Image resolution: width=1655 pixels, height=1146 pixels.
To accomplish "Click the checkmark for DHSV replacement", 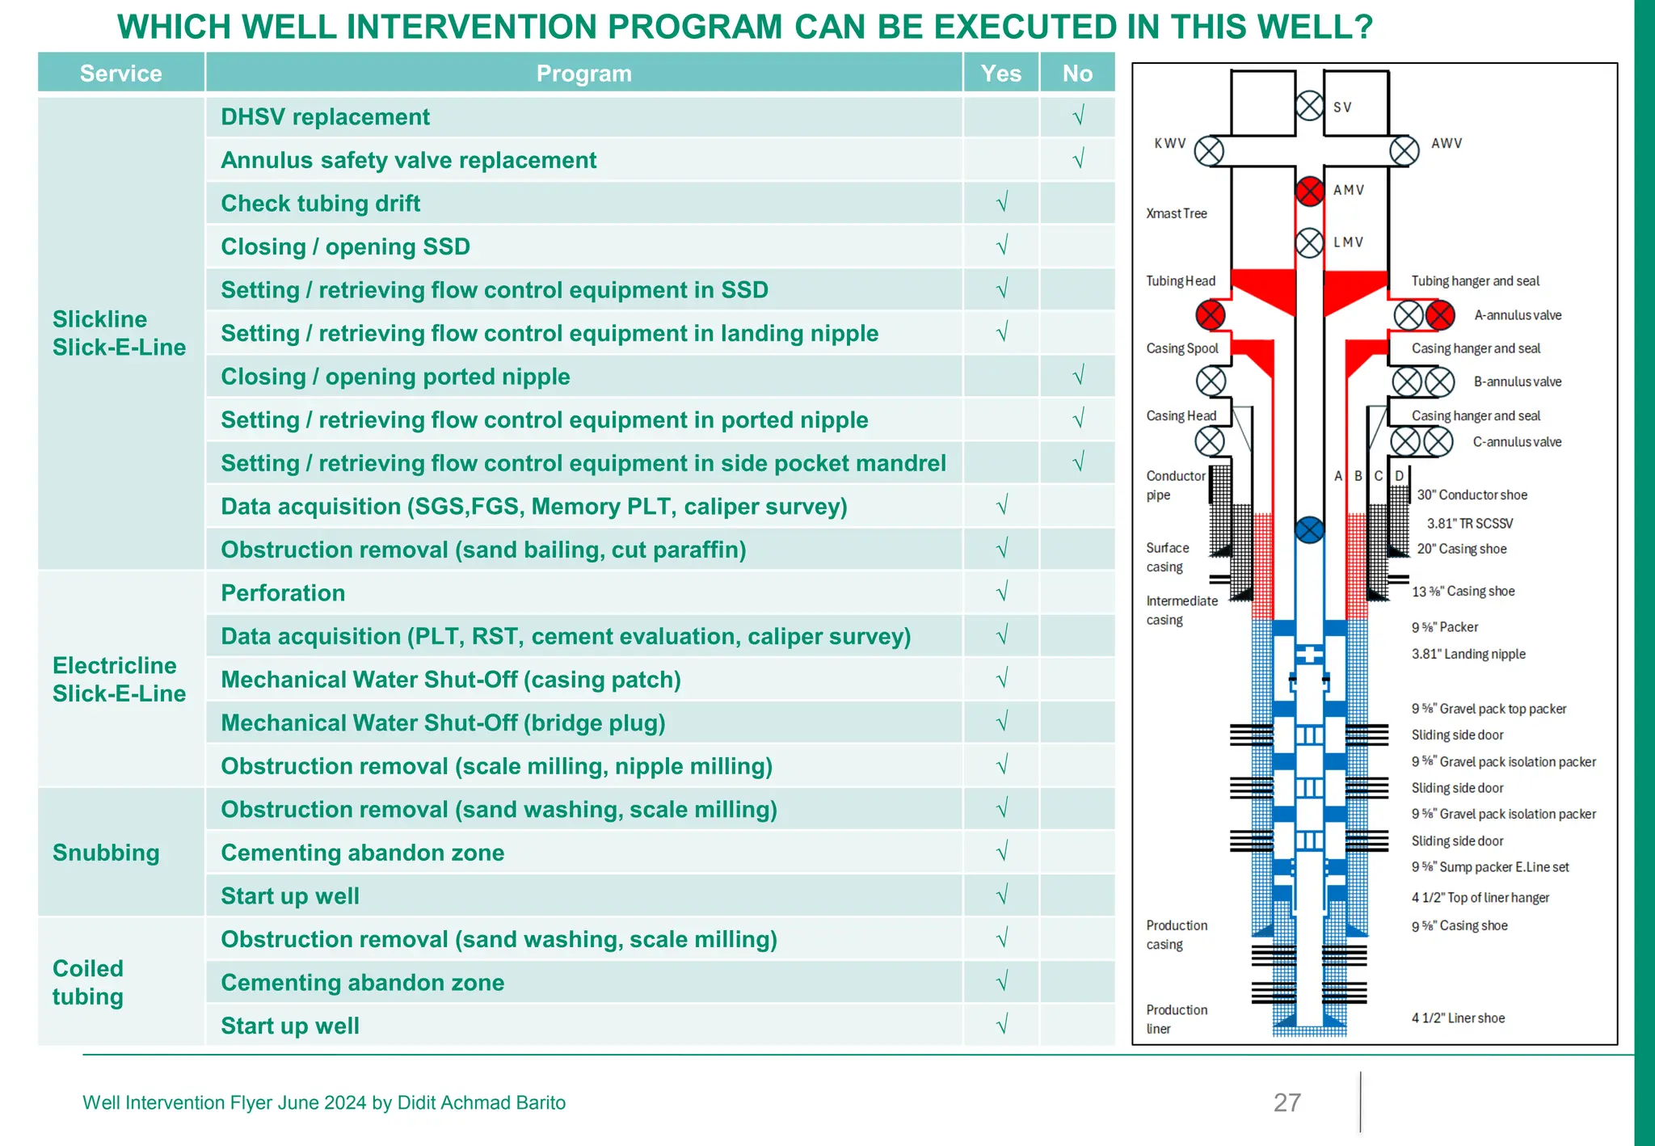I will (x=1077, y=116).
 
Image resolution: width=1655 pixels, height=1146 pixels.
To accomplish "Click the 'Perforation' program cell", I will (x=283, y=593).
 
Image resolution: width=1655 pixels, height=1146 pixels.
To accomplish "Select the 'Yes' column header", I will (x=1000, y=74).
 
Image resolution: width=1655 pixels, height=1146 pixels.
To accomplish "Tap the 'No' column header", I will (x=1077, y=74).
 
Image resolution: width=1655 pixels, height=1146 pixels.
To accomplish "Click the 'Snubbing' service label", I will (x=106, y=853).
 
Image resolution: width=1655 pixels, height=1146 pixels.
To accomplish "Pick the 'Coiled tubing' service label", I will (x=88, y=982).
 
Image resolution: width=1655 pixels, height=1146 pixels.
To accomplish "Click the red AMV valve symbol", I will (x=1309, y=192).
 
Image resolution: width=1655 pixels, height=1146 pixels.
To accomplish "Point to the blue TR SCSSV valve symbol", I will (x=1309, y=530).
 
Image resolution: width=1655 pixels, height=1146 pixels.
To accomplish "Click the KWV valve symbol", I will (x=1209, y=151).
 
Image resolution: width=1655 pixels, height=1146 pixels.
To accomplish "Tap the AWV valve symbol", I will (x=1404, y=151).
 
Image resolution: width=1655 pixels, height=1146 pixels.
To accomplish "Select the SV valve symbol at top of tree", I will (x=1309, y=106).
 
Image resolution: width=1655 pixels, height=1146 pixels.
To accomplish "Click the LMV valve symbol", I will (x=1309, y=242).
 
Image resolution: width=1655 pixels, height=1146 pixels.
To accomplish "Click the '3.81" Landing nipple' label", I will (x=1468, y=654).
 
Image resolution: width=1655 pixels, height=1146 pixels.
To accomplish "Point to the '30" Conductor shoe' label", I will (x=1472, y=495).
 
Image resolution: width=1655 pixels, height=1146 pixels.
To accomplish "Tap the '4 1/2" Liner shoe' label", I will (x=1458, y=1018).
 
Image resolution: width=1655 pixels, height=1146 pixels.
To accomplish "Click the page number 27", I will (x=1287, y=1102).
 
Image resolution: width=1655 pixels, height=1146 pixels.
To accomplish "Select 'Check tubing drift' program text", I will (x=321, y=204).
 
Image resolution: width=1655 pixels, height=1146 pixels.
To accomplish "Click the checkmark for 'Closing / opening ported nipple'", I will (x=1077, y=376).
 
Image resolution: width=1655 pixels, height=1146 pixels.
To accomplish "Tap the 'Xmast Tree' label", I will (x=1176, y=213).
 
